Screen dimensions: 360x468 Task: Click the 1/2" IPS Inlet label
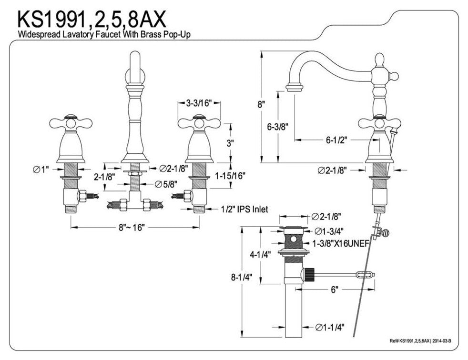[244, 209]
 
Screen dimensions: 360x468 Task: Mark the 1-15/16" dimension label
[230, 176]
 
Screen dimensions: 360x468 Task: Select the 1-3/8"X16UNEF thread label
[338, 243]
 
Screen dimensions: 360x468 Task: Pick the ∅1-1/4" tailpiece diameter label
[328, 327]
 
